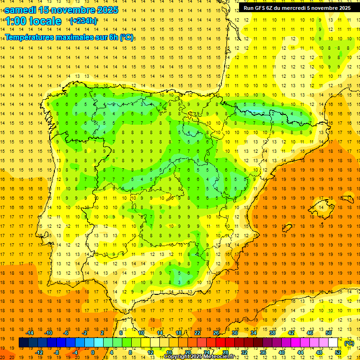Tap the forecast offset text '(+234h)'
[x=83, y=21]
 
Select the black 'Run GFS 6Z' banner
[x=297, y=8]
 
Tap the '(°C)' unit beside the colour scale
[x=349, y=343]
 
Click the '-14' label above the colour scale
[x=30, y=333]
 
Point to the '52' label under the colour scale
[x=338, y=352]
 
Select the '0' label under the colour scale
[x=92, y=352]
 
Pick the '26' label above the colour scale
[x=216, y=333]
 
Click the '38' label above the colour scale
[x=272, y=333]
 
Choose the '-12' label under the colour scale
[x=39, y=352]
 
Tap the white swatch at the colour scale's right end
[x=333, y=343]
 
